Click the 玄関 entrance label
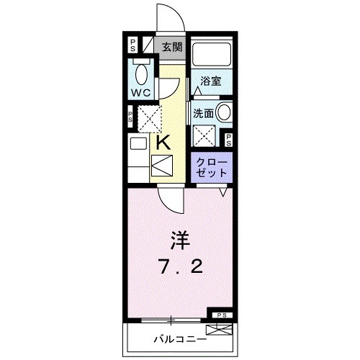(171, 48)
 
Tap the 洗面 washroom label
(202, 113)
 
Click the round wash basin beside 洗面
(224, 113)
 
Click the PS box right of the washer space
(228, 140)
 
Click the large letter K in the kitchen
(164, 142)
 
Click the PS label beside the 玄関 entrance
(132, 45)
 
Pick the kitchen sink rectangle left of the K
(138, 144)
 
